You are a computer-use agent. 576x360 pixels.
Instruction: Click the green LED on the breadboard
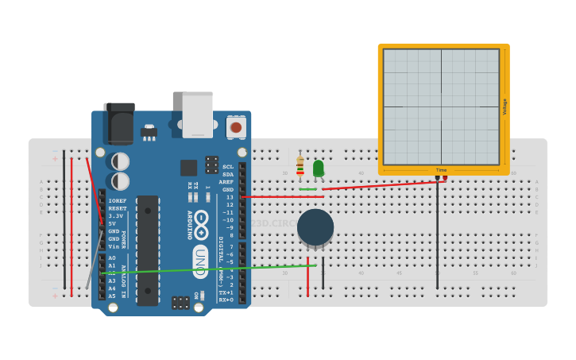click(319, 168)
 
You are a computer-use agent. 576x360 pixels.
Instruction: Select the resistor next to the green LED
click(300, 167)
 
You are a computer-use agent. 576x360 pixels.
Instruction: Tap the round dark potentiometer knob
click(315, 227)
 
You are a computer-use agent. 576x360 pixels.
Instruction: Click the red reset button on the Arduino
click(236, 126)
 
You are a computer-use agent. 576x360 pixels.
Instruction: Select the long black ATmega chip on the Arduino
click(148, 250)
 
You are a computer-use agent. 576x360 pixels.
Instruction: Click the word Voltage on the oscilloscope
click(504, 106)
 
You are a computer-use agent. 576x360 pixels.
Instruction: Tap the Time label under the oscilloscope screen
click(441, 170)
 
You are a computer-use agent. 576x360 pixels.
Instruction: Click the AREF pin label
click(226, 182)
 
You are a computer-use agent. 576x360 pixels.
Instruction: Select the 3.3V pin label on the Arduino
click(116, 215)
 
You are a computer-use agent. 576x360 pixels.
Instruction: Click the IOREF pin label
click(117, 201)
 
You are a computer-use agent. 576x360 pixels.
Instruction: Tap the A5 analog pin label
click(112, 296)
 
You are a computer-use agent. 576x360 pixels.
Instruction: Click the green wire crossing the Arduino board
click(199, 269)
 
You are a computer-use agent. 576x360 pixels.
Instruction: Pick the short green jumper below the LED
click(308, 189)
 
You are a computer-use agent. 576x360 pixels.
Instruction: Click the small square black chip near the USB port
click(188, 168)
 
